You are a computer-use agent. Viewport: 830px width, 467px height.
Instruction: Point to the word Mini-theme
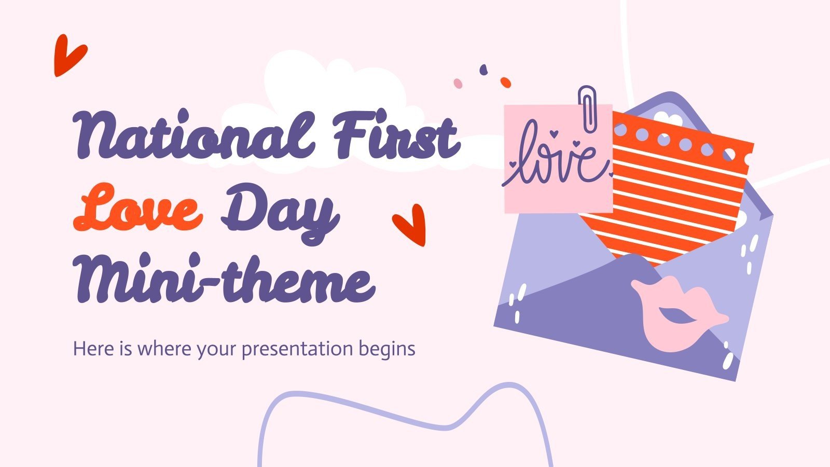click(x=224, y=278)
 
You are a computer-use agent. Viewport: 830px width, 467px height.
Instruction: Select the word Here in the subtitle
click(x=94, y=348)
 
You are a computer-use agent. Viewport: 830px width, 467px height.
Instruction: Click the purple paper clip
click(x=588, y=109)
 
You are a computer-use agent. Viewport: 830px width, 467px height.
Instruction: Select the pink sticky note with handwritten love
click(x=558, y=159)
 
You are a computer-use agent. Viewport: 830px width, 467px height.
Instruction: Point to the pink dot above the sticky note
click(x=458, y=84)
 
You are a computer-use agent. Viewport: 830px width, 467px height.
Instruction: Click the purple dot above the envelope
click(x=483, y=70)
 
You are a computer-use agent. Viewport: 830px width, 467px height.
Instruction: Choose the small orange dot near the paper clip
click(x=506, y=83)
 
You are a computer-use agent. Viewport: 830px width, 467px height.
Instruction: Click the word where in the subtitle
click(x=165, y=348)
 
